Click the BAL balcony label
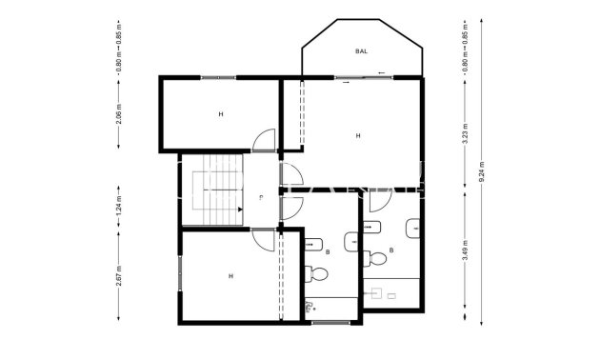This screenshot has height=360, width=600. pyautogui.click(x=361, y=51)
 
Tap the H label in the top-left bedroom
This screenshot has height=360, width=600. pyautogui.click(x=220, y=114)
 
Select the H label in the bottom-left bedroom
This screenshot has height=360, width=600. pyautogui.click(x=230, y=276)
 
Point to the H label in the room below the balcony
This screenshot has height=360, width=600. pyautogui.click(x=358, y=136)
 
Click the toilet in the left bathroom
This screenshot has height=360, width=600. pyautogui.click(x=319, y=275)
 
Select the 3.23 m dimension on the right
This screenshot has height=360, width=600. pyautogui.click(x=465, y=132)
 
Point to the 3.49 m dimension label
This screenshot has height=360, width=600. pyautogui.click(x=465, y=252)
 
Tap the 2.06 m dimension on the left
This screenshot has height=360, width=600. pyautogui.click(x=118, y=117)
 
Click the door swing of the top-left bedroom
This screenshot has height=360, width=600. pyautogui.click(x=266, y=141)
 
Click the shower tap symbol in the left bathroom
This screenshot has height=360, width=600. pyautogui.click(x=310, y=308)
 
